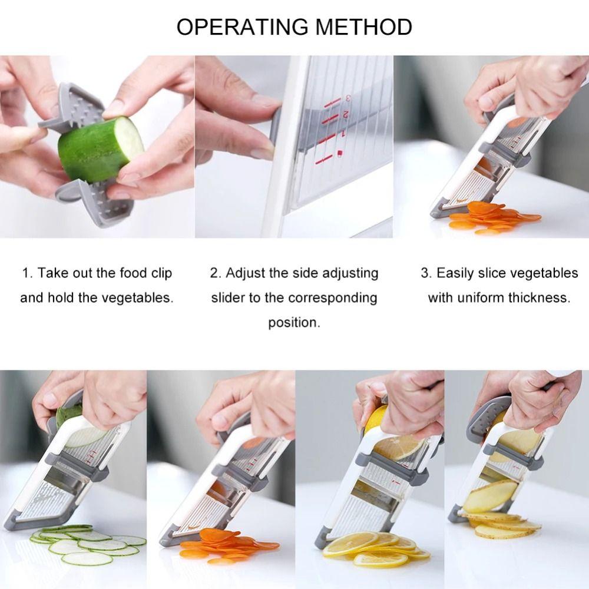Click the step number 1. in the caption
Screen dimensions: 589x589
[x=28, y=273]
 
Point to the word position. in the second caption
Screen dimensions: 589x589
[x=294, y=322]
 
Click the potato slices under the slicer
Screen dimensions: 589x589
[x=501, y=524]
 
